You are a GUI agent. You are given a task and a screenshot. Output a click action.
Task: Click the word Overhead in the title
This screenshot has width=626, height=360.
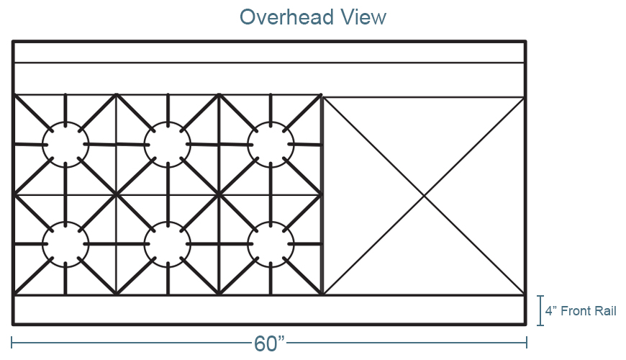tap(286, 17)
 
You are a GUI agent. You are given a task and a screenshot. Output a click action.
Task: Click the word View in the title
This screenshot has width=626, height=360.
tap(363, 17)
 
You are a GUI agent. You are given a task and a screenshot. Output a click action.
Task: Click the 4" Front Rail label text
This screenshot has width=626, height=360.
tap(581, 311)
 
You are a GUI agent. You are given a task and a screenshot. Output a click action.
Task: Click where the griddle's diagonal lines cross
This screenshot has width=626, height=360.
tap(424, 196)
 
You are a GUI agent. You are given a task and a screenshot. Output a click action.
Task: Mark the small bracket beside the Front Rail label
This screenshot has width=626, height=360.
tap(540, 310)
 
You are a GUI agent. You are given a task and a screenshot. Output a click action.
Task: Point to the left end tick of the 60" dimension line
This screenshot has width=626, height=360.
tap(12, 343)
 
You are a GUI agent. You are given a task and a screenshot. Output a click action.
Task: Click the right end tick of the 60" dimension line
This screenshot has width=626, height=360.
tap(527, 343)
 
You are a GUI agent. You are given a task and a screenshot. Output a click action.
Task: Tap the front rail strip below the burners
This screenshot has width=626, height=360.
tap(270, 310)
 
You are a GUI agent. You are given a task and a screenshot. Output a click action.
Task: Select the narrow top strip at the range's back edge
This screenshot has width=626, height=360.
tap(270, 53)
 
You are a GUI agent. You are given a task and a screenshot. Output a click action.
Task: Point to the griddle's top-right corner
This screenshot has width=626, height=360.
tap(524, 97)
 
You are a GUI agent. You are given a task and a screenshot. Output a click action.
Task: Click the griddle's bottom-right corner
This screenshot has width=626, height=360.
tap(524, 295)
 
